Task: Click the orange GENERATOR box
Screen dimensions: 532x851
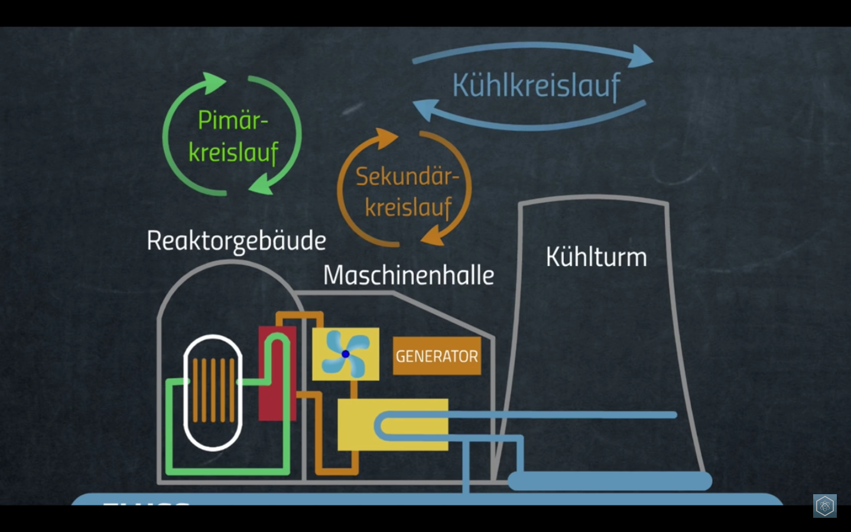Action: click(437, 356)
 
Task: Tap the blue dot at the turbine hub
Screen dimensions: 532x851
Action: click(346, 354)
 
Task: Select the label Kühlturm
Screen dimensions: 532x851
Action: click(596, 257)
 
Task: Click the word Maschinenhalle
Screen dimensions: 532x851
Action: click(408, 275)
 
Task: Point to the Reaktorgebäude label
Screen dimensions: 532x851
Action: click(236, 241)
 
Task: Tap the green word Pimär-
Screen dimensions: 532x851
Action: click(233, 121)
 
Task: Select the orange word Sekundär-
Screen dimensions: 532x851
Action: click(407, 176)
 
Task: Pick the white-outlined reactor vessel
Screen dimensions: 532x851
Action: click(213, 392)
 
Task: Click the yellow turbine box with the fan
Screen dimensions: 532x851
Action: click(346, 354)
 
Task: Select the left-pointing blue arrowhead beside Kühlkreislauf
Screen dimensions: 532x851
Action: click(424, 109)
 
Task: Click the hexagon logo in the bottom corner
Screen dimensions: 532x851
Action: click(824, 506)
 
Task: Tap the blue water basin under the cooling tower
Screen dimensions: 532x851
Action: click(609, 481)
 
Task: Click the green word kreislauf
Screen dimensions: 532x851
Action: click(233, 153)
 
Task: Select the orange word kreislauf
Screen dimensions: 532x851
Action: click(408, 207)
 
